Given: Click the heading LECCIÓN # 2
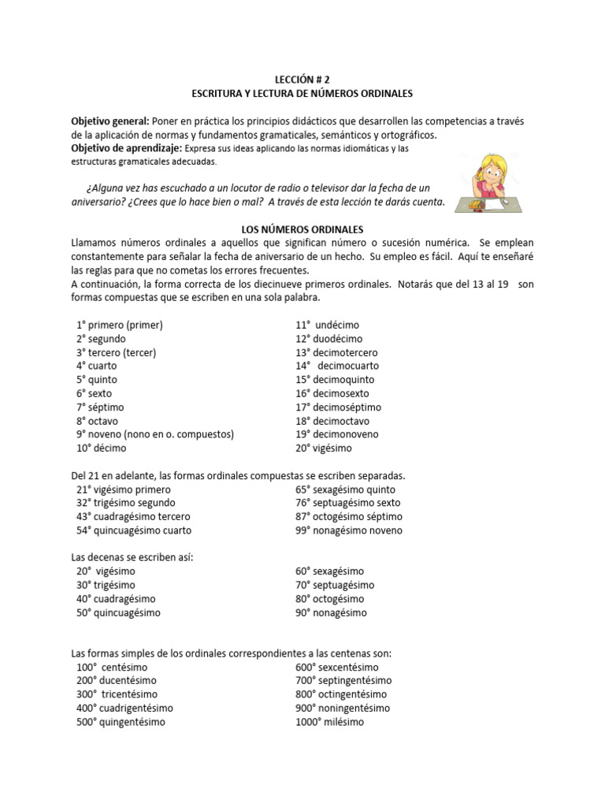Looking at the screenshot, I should click(302, 80).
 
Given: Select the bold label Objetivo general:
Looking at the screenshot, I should click(109, 121).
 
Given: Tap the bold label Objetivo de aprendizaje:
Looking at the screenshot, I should click(126, 148).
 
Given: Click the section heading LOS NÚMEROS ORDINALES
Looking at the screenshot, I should click(302, 228).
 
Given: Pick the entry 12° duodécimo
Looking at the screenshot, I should click(329, 339).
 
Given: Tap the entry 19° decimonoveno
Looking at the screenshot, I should click(336, 434).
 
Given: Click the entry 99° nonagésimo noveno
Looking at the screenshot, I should click(349, 530).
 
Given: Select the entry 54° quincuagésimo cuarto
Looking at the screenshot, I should click(133, 530).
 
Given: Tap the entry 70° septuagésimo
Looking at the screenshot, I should click(335, 585).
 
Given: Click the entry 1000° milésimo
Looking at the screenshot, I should click(330, 722).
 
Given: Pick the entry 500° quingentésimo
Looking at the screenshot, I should click(121, 722).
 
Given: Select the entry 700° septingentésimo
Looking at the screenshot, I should click(343, 680).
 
